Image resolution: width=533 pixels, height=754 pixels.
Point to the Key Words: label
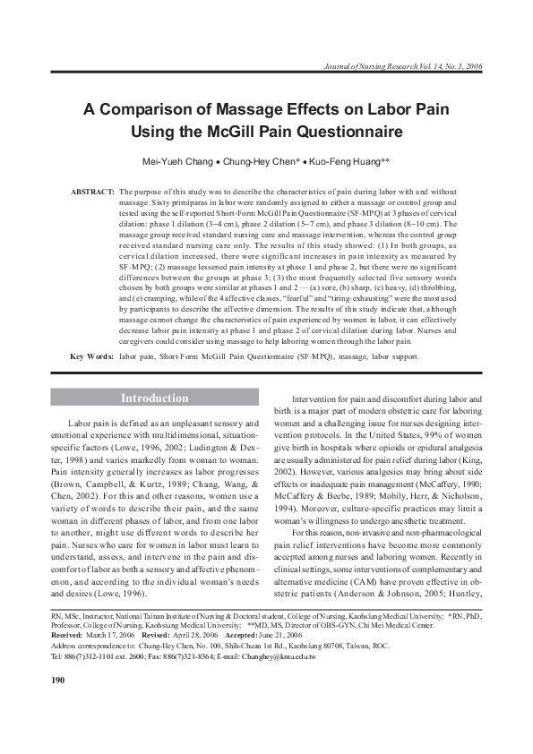pyautogui.click(x=91, y=356)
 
